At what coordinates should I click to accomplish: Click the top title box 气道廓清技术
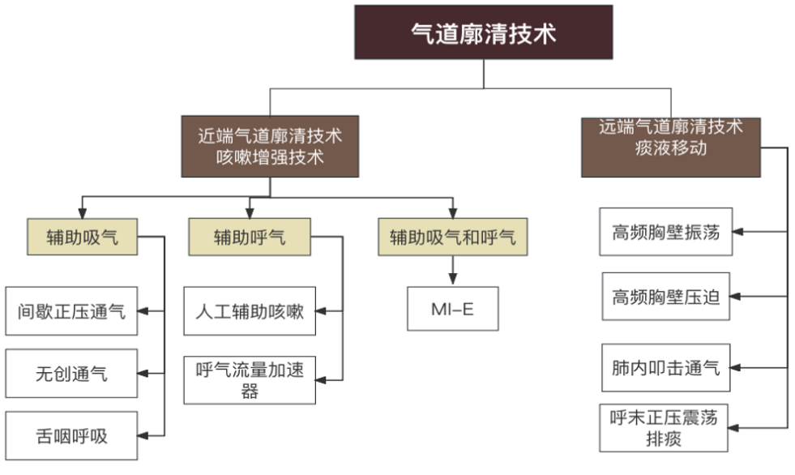[x=484, y=32]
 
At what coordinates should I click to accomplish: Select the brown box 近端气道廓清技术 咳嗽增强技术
[x=270, y=146]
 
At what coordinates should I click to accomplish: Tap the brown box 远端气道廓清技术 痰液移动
[x=671, y=147]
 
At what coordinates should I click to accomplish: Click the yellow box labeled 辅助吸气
[x=82, y=237]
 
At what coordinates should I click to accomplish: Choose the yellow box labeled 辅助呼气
[x=250, y=237]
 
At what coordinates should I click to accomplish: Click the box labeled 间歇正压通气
[x=71, y=310]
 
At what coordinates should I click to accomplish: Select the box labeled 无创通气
[x=71, y=374]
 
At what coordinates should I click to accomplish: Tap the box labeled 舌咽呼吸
[x=71, y=435]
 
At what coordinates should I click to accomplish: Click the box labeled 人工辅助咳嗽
[x=250, y=310]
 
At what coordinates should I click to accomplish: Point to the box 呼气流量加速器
[x=250, y=379]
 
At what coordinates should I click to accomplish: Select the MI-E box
[x=452, y=309]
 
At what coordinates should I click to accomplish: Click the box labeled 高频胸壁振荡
[x=665, y=233]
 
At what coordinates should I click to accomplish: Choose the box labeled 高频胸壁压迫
[x=665, y=297]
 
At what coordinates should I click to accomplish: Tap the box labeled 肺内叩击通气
[x=665, y=367]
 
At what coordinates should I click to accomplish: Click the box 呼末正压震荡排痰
[x=665, y=427]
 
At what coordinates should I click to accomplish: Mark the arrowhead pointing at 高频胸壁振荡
[x=738, y=233]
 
